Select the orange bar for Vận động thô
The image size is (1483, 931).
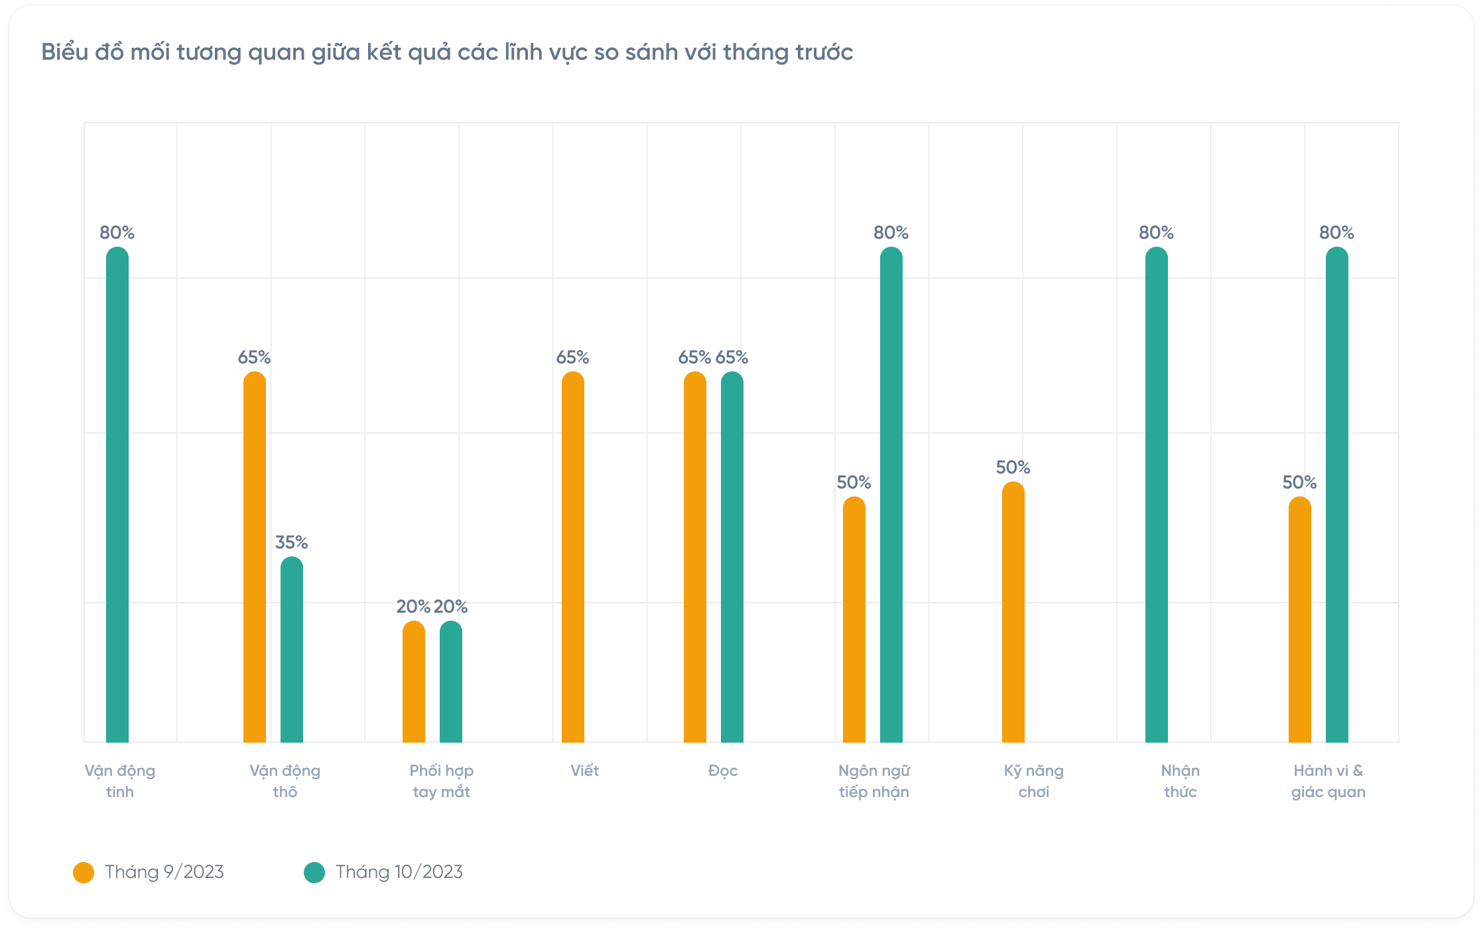coord(255,557)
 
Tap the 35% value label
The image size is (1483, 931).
coord(292,542)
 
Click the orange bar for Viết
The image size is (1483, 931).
coord(573,557)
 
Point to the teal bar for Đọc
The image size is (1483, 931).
coord(732,557)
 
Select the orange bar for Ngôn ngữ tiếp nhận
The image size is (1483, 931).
coord(854,619)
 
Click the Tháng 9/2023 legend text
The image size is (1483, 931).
coord(164,872)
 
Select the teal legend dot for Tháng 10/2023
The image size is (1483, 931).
coord(314,873)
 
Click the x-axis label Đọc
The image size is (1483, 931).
coord(723,771)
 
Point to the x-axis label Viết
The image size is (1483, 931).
coord(584,771)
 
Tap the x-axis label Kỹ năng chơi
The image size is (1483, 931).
coord(1033,781)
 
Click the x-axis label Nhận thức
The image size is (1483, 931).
coord(1181,781)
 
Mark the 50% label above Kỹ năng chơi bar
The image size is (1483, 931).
coord(1013,467)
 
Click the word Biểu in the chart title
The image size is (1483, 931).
coord(64,52)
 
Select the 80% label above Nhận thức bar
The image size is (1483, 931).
coord(1157,233)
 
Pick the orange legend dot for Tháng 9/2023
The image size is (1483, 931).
coord(84,873)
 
